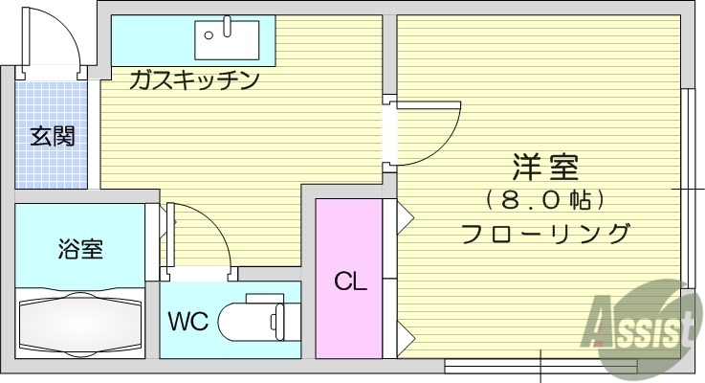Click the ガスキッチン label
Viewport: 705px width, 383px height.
pos(195,80)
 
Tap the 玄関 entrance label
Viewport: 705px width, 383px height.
pos(51,136)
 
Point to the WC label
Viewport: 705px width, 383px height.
pos(188,320)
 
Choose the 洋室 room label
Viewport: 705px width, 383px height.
pos(546,168)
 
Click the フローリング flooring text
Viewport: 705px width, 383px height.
pos(546,233)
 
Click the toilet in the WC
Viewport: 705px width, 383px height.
pos(251,319)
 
